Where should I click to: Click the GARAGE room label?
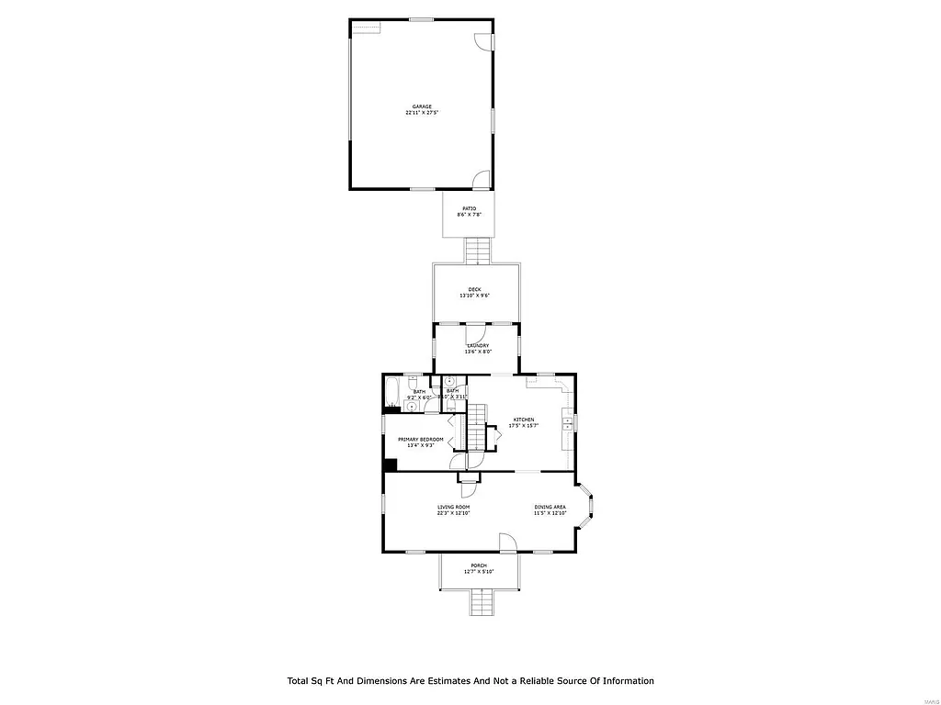422,106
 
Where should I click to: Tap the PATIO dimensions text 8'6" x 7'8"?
470,215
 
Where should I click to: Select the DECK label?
474,289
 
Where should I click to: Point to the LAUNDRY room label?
477,345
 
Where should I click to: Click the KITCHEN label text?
523,420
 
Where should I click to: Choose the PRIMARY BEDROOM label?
420,440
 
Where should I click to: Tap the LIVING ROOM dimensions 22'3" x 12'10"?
453,513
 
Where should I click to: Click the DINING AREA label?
550,507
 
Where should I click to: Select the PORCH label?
478,565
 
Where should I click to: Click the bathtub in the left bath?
392,392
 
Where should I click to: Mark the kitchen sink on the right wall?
569,423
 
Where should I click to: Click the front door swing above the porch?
508,543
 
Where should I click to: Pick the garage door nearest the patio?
482,180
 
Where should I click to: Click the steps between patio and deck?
478,250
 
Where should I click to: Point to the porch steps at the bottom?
482,603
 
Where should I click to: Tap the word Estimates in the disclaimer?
444,681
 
